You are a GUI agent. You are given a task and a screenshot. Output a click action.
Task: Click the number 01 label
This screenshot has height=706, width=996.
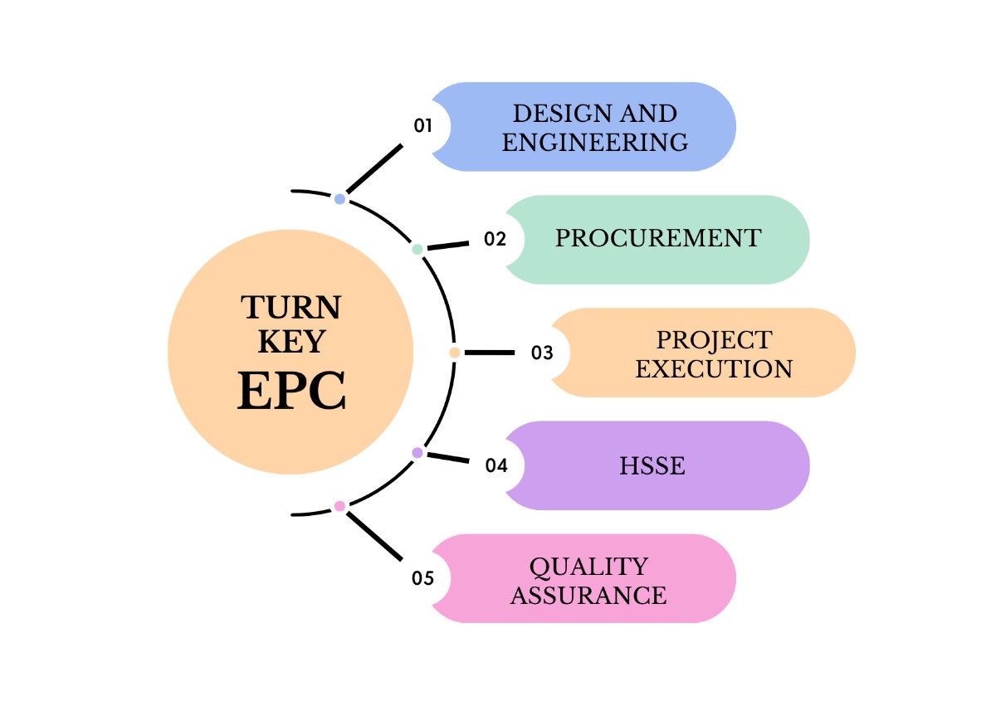tap(423, 126)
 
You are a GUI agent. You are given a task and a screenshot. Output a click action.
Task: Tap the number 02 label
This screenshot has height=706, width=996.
tap(495, 240)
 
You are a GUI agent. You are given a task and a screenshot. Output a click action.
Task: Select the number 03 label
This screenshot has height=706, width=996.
tap(542, 353)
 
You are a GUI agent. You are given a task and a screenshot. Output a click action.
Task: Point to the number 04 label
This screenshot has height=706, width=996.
tap(496, 465)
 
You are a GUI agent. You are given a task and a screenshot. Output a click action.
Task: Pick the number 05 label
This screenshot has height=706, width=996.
tap(423, 578)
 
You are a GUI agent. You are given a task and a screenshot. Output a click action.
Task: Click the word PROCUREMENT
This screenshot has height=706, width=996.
tap(657, 238)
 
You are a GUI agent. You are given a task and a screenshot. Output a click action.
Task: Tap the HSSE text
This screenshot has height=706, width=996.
tap(652, 465)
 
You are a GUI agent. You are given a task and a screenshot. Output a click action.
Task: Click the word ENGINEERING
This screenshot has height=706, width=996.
tap(595, 142)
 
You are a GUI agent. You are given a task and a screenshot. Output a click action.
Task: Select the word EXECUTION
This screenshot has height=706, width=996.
tap(714, 368)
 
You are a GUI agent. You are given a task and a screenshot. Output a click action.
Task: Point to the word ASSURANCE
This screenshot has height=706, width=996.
tap(588, 595)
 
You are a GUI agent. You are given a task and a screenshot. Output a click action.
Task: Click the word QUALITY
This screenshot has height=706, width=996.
tap(589, 567)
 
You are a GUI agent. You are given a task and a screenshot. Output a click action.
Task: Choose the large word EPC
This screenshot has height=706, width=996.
tap(291, 391)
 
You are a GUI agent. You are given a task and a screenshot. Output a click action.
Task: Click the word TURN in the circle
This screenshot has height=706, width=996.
tap(291, 308)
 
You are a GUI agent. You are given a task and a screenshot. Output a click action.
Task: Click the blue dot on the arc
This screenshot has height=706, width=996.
tap(339, 199)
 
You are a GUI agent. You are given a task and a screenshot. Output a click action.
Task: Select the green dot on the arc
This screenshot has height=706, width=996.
tap(417, 249)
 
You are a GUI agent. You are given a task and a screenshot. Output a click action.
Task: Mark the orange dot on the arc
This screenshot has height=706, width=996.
tap(455, 353)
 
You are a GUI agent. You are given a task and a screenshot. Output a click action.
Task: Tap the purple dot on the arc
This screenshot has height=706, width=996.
tap(417, 453)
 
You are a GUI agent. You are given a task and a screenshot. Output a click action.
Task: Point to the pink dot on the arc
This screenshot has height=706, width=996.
tap(339, 506)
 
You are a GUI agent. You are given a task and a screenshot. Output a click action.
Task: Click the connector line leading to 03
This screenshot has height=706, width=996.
tap(490, 353)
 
